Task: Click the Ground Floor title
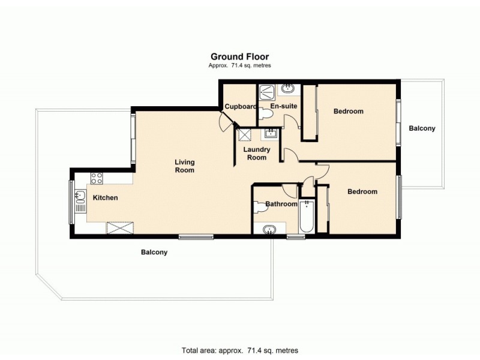(239, 58)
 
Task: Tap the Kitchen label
(105, 197)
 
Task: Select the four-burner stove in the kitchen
(97, 178)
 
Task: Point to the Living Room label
(185, 166)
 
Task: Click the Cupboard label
(240, 107)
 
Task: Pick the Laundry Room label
(257, 154)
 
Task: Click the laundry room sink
(271, 133)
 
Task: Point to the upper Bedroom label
(349, 112)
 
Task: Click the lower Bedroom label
(362, 191)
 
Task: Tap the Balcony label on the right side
(422, 128)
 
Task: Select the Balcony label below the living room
(154, 253)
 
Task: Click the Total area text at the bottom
(239, 350)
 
